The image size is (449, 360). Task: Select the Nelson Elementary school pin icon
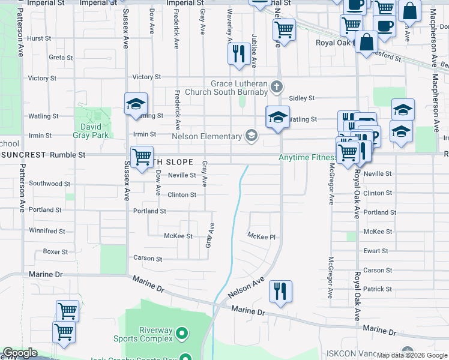[251, 136]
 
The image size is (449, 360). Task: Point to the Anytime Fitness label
[306, 158]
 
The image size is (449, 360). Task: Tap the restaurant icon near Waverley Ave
[239, 53]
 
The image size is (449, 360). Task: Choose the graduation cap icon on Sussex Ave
[136, 104]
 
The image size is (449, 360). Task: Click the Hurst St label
[39, 38]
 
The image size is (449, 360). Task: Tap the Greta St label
[61, 58]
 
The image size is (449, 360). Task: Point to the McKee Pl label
[262, 237]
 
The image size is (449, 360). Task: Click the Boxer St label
[55, 252]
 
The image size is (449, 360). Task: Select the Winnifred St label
[47, 231]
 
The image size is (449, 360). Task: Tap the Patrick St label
[378, 289]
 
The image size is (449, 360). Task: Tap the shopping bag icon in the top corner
[410, 11]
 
